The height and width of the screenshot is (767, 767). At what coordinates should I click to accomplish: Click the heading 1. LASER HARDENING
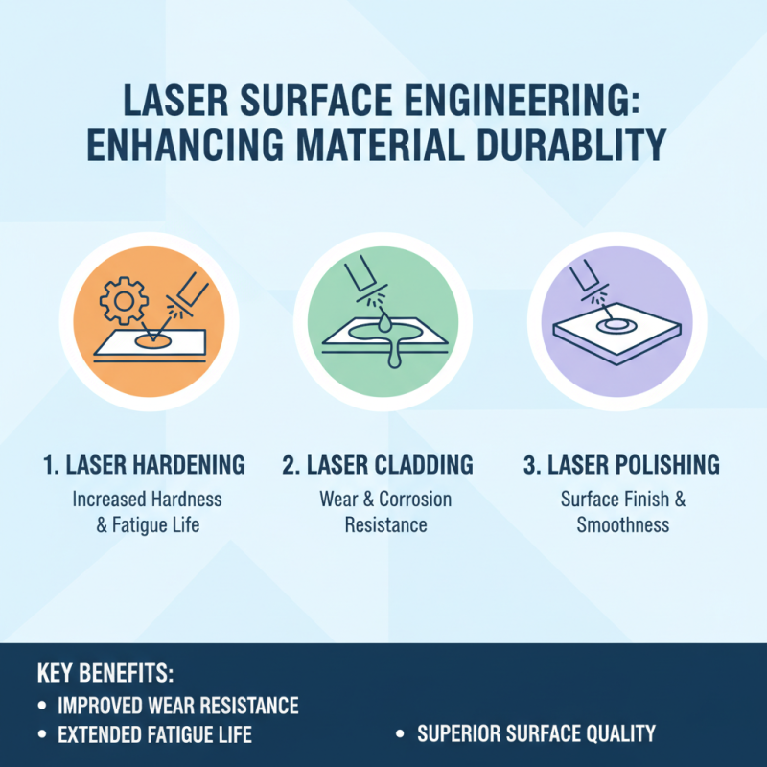(144, 466)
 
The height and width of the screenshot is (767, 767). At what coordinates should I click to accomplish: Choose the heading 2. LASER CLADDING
(378, 466)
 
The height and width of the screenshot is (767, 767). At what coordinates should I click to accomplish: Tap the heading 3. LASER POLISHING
(621, 466)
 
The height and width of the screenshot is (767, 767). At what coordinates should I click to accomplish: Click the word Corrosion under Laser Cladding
(415, 500)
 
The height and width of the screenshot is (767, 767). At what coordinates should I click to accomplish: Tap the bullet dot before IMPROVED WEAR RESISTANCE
(42, 707)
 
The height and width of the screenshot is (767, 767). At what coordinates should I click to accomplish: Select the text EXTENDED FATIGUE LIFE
(154, 735)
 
